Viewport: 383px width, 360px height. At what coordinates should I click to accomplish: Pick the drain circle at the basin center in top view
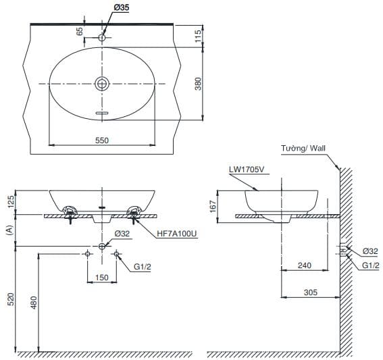(x=102, y=83)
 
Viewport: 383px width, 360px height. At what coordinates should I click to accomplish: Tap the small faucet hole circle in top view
(x=102, y=38)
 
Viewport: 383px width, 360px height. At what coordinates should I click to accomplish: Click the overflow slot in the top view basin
(x=102, y=113)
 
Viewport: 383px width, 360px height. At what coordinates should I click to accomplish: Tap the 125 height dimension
(x=10, y=201)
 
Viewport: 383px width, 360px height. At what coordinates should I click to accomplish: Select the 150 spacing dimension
(x=101, y=277)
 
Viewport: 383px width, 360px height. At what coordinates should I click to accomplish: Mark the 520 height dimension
(x=10, y=299)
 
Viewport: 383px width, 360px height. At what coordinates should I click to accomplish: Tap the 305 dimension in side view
(x=309, y=292)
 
